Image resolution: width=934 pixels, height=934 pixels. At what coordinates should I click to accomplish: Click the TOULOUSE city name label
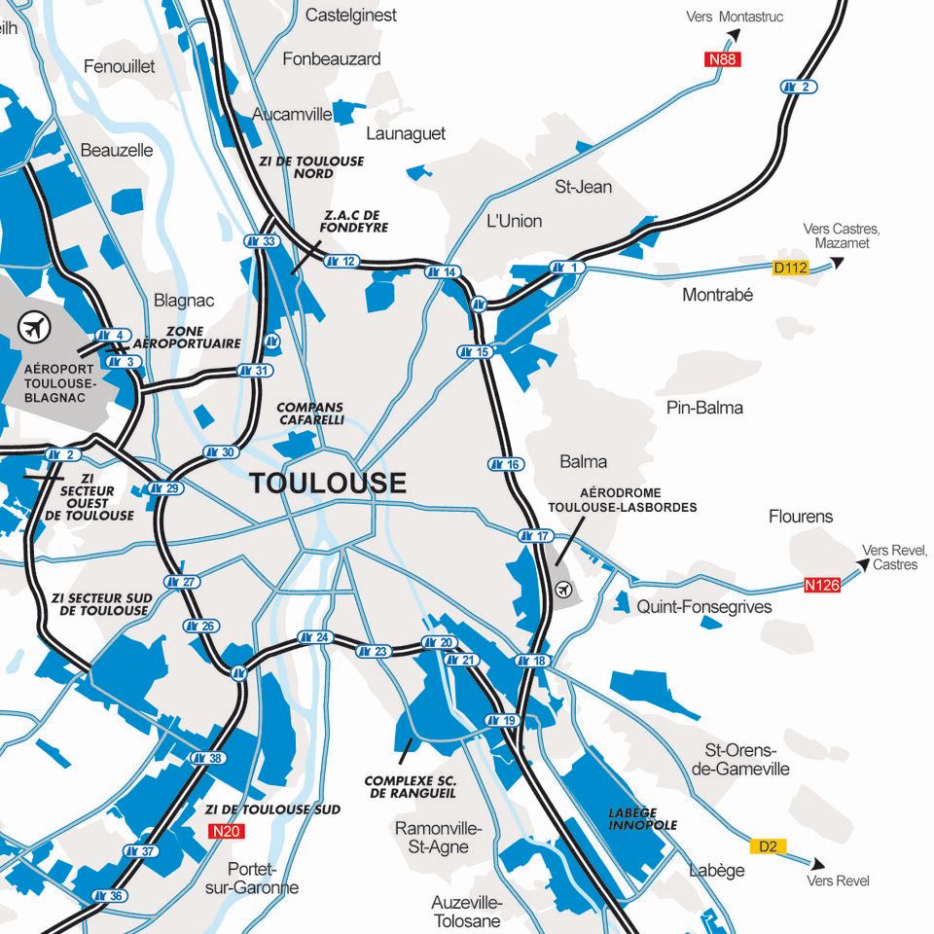pyautogui.click(x=328, y=483)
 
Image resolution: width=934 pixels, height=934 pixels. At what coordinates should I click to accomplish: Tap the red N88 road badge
pyautogui.click(x=723, y=59)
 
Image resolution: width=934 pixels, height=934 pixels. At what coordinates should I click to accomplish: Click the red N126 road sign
pyautogui.click(x=821, y=586)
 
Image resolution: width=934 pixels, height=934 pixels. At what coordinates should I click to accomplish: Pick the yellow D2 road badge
pyautogui.click(x=768, y=846)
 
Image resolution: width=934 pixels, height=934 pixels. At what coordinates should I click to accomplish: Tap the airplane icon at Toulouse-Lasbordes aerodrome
pyautogui.click(x=563, y=589)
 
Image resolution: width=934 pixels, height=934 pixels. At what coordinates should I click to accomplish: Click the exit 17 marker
pyautogui.click(x=535, y=536)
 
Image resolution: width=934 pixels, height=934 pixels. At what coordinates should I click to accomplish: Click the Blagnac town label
pyautogui.click(x=184, y=301)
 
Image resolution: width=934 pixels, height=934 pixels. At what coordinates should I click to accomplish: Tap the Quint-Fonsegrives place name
pyautogui.click(x=703, y=607)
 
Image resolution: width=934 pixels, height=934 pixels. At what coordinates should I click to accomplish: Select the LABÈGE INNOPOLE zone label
pyautogui.click(x=642, y=819)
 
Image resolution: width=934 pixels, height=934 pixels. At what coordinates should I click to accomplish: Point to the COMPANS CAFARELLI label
pyautogui.click(x=310, y=413)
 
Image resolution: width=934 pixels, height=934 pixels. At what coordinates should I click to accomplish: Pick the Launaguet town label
pyautogui.click(x=406, y=133)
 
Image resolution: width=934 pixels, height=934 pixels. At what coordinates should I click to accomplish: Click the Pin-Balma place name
pyautogui.click(x=704, y=408)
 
